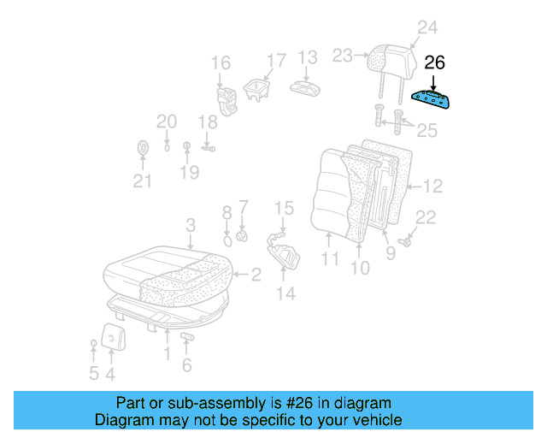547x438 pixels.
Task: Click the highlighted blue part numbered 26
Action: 433,101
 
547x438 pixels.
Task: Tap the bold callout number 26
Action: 435,63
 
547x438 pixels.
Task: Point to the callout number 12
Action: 433,186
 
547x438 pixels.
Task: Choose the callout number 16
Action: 221,62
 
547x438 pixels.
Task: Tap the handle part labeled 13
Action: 304,89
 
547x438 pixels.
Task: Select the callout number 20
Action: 166,121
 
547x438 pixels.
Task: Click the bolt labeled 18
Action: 208,148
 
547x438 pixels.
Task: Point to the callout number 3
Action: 191,225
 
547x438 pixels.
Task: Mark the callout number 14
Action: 285,293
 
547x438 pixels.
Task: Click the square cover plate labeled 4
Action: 112,336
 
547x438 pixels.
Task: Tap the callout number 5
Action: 93,373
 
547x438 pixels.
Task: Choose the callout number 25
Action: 426,131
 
